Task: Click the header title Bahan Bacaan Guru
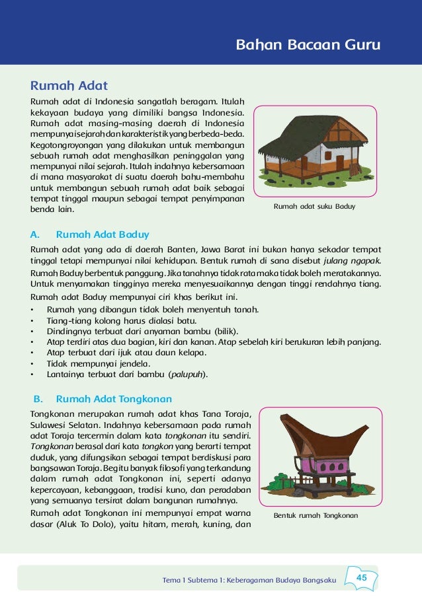coord(309,46)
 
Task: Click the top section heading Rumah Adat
coord(69,86)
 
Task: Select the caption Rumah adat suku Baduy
coord(314,207)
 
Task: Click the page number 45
coord(361,578)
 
